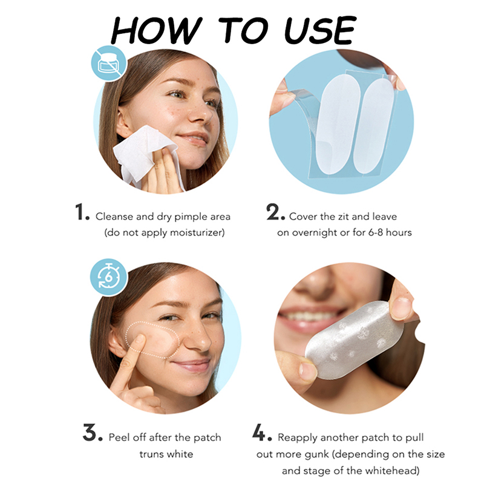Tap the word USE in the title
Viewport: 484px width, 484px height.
(321, 30)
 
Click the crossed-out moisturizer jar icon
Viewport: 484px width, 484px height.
(109, 64)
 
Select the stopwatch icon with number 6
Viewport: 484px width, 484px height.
(109, 277)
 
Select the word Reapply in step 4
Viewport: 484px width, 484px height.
(298, 438)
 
